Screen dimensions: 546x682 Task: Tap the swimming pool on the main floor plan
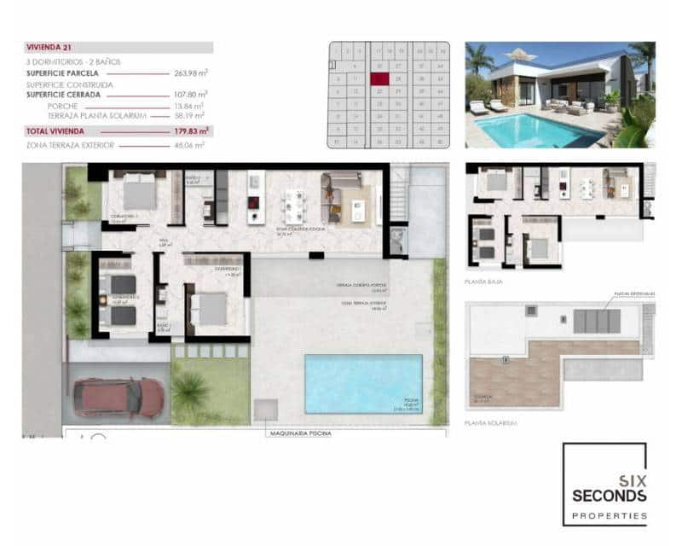click(x=362, y=383)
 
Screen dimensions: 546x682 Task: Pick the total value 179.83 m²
click(x=190, y=131)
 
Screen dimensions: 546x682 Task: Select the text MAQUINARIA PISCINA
click(x=298, y=433)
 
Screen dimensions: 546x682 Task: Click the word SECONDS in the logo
click(x=609, y=496)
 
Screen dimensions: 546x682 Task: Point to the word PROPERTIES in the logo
click(x=609, y=515)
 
